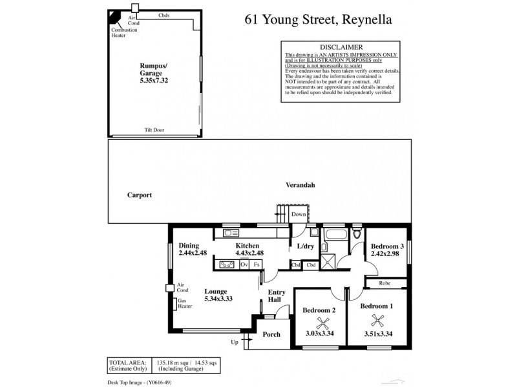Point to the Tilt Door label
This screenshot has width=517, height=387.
[x=154, y=130]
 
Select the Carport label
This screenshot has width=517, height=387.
[x=140, y=194]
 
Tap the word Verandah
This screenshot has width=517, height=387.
[x=300, y=185]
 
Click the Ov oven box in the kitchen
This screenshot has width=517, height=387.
[x=244, y=264]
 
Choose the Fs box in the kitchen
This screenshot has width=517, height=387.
[x=257, y=264]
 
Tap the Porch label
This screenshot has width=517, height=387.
[x=271, y=334]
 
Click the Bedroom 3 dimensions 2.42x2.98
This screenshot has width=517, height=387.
[x=386, y=254]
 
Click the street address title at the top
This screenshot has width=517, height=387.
[x=318, y=19]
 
